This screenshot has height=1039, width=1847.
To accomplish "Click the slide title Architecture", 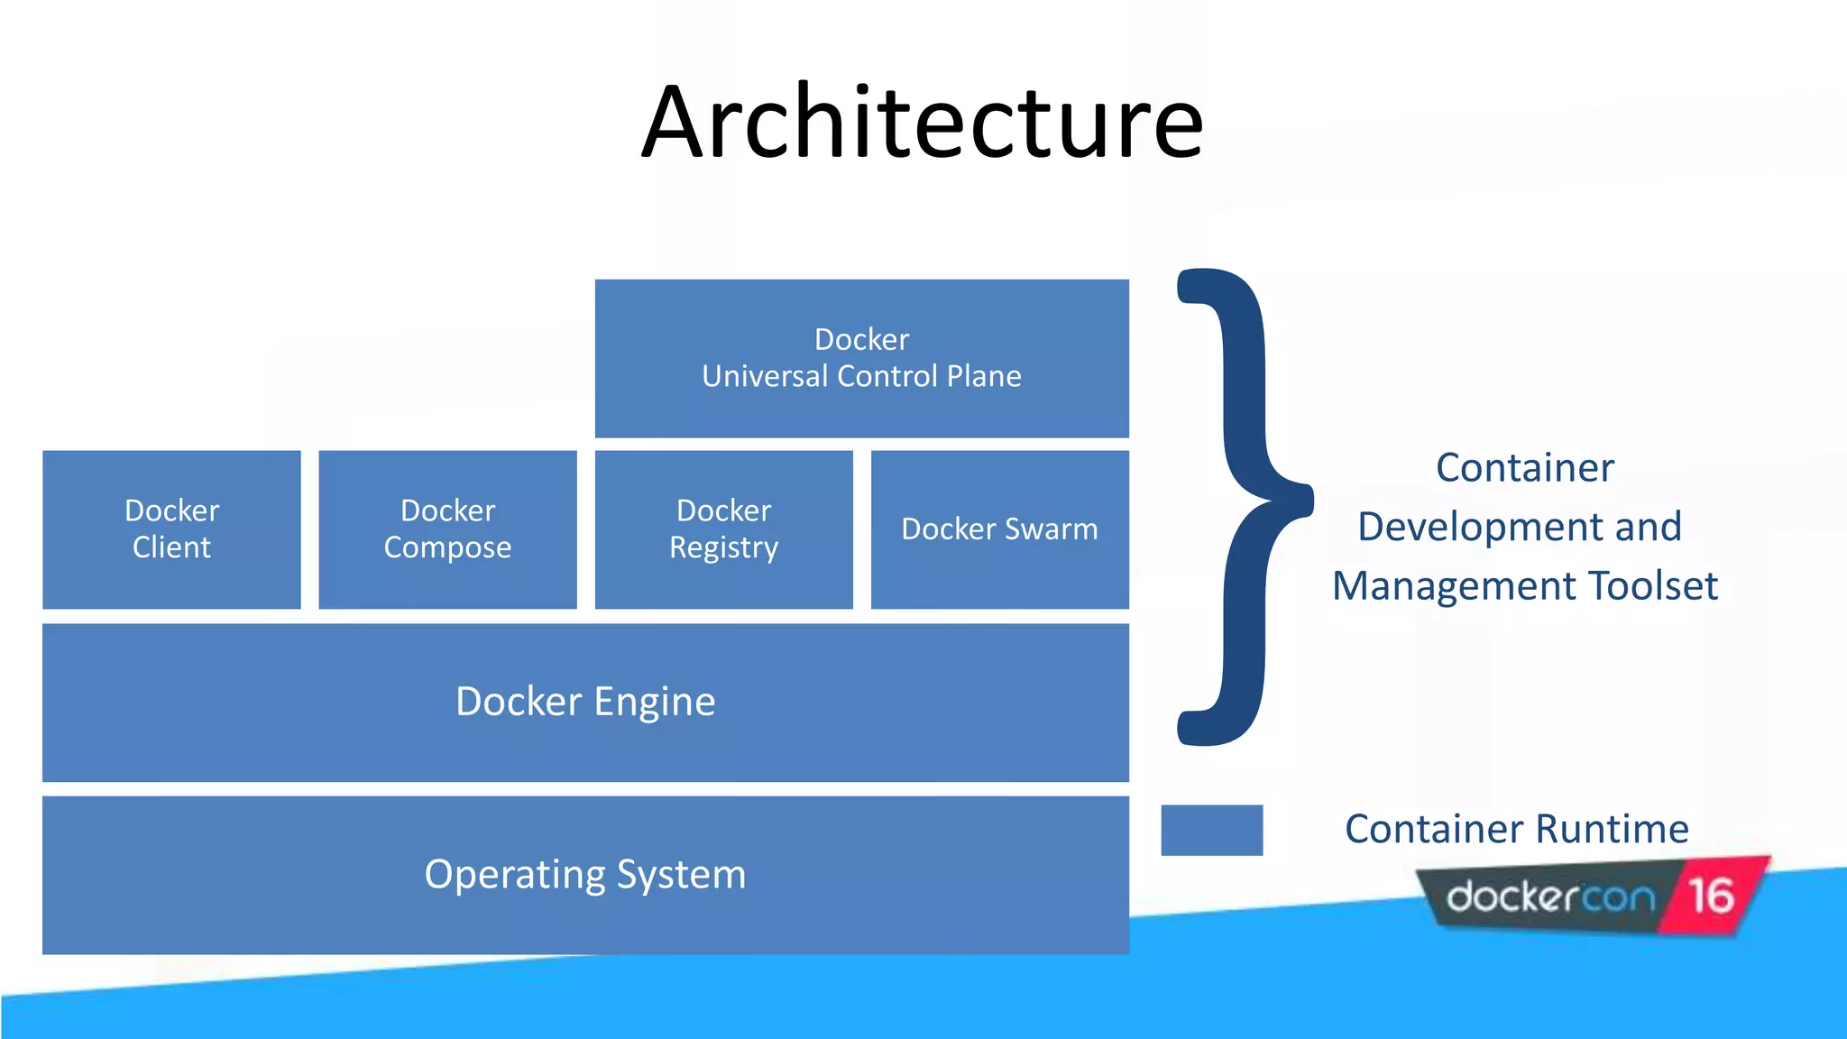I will coord(922,123).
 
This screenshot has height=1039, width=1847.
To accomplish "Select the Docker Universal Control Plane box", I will coord(861,358).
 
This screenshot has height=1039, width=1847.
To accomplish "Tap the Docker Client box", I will coord(171,529).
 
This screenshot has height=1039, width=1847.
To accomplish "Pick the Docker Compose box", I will coord(447,529).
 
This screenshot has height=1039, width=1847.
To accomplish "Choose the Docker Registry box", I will coord(723,529).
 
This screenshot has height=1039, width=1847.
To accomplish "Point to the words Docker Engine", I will coord(585,702).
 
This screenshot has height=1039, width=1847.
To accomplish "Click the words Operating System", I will coord(585,875).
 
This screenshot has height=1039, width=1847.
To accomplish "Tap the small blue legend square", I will coord(1211,830).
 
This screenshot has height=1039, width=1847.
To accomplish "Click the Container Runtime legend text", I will coord(1516,829).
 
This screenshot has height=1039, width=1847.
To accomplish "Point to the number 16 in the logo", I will coord(1711,896).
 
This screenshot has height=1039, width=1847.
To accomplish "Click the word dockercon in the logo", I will coord(1550,897).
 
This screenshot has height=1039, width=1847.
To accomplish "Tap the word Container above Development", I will coord(1524,468).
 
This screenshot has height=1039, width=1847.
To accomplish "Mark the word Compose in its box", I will coord(447,548).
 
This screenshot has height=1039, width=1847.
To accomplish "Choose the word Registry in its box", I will coord(723,548).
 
